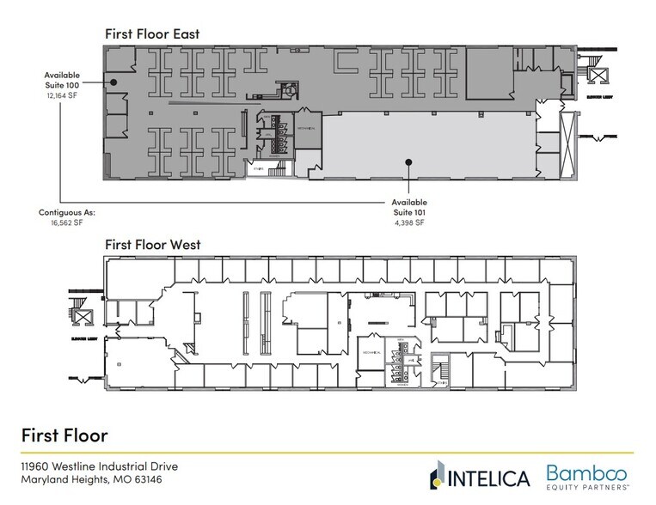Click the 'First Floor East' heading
click(152, 33)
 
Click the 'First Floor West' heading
click(153, 245)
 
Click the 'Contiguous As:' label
click(66, 211)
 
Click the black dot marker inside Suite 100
click(112, 81)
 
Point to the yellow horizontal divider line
click(327, 452)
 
